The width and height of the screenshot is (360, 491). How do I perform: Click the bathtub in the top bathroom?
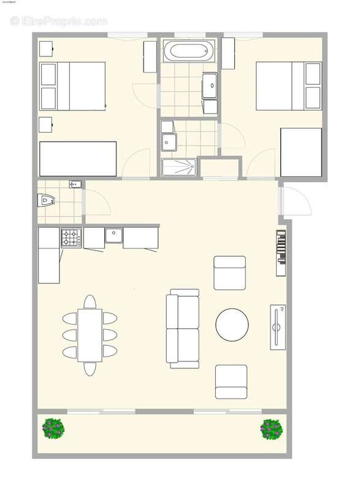click(x=189, y=51)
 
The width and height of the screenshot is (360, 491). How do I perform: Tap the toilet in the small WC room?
click(x=46, y=199)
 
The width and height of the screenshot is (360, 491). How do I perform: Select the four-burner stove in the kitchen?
click(x=71, y=237)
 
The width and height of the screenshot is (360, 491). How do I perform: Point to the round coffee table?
click(x=232, y=324)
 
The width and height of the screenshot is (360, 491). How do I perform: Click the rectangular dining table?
click(x=90, y=335)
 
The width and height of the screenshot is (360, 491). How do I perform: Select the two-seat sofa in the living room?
click(x=183, y=328)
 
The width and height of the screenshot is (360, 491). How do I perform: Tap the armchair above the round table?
click(x=229, y=273)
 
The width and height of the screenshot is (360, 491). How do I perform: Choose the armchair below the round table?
click(x=231, y=381)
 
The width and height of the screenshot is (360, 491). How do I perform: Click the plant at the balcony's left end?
click(x=54, y=428)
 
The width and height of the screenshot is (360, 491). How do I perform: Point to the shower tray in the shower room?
click(x=179, y=167)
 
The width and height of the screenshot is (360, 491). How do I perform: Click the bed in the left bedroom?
click(x=72, y=86)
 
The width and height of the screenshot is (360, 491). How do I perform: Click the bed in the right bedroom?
click(x=288, y=86)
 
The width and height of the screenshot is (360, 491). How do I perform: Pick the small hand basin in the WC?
click(x=75, y=184)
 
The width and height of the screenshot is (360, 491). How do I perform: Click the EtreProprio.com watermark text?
click(x=58, y=21)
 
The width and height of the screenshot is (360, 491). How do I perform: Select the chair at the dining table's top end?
click(x=90, y=301)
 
